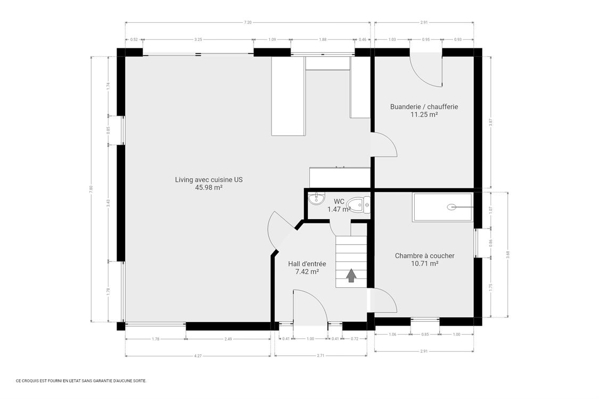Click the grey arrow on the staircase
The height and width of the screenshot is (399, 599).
pos(351,276)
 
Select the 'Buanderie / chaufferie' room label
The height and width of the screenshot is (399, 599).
pos(424,106)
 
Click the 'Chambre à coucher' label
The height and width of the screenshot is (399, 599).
pos(424,256)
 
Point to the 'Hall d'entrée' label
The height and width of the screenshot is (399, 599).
pos(307,264)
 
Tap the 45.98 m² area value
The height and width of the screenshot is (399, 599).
pos(208,187)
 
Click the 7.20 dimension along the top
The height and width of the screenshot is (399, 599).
pos(248,22)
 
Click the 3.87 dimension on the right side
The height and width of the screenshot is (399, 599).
pos(491,122)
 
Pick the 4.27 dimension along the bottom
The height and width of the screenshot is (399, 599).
pos(198,355)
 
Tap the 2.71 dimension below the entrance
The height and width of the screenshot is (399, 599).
pos(321,355)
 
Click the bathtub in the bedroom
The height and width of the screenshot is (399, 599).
pos(442,207)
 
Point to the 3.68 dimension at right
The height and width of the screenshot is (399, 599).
pos(508,254)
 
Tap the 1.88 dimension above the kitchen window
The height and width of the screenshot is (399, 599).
pos(322,39)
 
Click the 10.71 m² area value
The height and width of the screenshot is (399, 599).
pos(424,264)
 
